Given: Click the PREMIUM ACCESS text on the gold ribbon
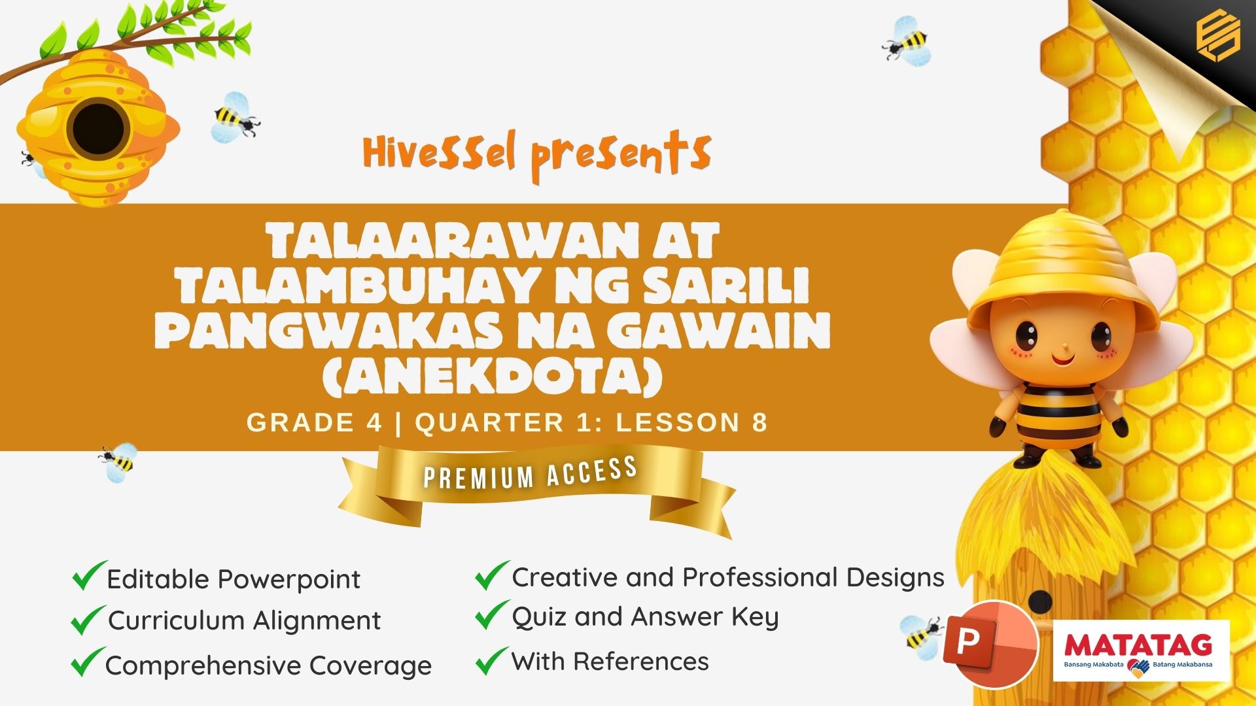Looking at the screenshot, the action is (x=531, y=473).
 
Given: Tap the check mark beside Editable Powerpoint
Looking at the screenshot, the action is (x=89, y=575).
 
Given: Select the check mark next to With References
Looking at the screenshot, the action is (x=492, y=660).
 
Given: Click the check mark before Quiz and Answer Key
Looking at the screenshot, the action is (x=492, y=615).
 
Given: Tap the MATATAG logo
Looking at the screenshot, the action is (x=1141, y=650).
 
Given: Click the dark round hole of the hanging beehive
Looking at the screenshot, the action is (x=99, y=129).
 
